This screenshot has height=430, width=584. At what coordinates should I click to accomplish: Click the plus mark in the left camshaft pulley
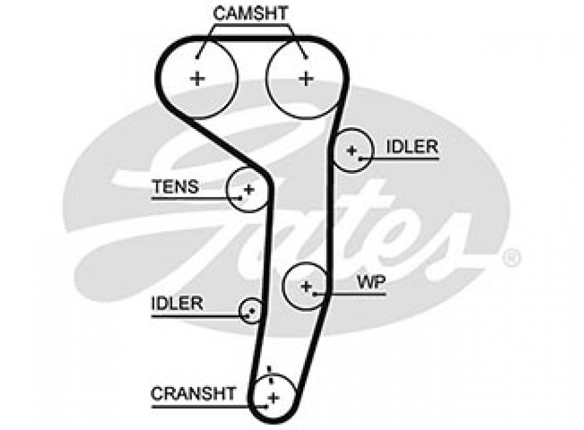tap(197, 78)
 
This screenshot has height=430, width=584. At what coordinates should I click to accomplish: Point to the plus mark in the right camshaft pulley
tap(306, 78)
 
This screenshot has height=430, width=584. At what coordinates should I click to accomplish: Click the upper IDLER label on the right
tap(412, 147)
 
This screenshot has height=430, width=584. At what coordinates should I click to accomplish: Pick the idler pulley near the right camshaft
tap(353, 150)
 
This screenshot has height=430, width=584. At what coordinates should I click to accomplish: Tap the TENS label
tap(176, 186)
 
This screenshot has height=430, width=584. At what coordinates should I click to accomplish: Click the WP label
tap(372, 282)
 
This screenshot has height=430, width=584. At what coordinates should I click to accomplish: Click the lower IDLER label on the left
tap(177, 303)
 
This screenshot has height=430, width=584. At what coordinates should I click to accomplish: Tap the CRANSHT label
tap(193, 393)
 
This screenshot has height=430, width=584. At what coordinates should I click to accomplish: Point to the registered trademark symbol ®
tap(511, 258)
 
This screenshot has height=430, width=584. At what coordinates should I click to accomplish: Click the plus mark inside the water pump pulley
tap(306, 286)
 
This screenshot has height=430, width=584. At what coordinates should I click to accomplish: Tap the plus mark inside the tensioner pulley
tap(248, 189)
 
